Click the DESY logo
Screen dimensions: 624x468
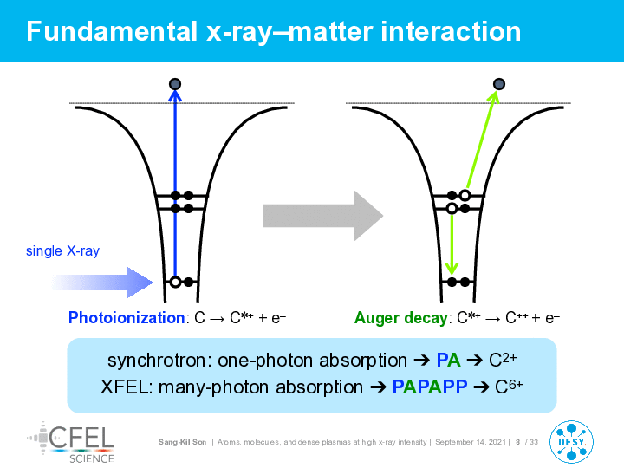click(x=571, y=442)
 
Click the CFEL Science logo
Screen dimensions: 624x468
click(x=70, y=443)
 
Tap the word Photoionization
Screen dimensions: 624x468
click(x=127, y=317)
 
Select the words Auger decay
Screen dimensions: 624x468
click(x=401, y=317)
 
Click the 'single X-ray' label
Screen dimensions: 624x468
click(x=62, y=251)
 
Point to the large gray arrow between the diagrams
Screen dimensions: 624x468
click(x=322, y=216)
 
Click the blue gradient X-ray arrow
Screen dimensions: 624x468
click(x=102, y=283)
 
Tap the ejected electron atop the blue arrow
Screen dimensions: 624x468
click(x=175, y=84)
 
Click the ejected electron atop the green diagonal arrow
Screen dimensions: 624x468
click(x=499, y=84)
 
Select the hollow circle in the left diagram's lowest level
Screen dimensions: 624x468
click(x=175, y=283)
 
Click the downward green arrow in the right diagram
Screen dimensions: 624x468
click(x=452, y=244)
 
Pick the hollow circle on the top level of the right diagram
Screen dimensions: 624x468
click(x=465, y=195)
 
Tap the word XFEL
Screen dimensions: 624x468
click(x=125, y=387)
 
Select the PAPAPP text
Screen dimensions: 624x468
click(x=430, y=387)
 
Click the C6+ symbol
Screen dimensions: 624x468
click(x=509, y=386)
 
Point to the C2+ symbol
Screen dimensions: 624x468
click(x=503, y=360)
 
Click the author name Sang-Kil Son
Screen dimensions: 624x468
click(x=182, y=442)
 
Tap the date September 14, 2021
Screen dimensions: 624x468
click(x=471, y=442)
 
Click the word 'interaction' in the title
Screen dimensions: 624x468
click(x=451, y=31)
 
